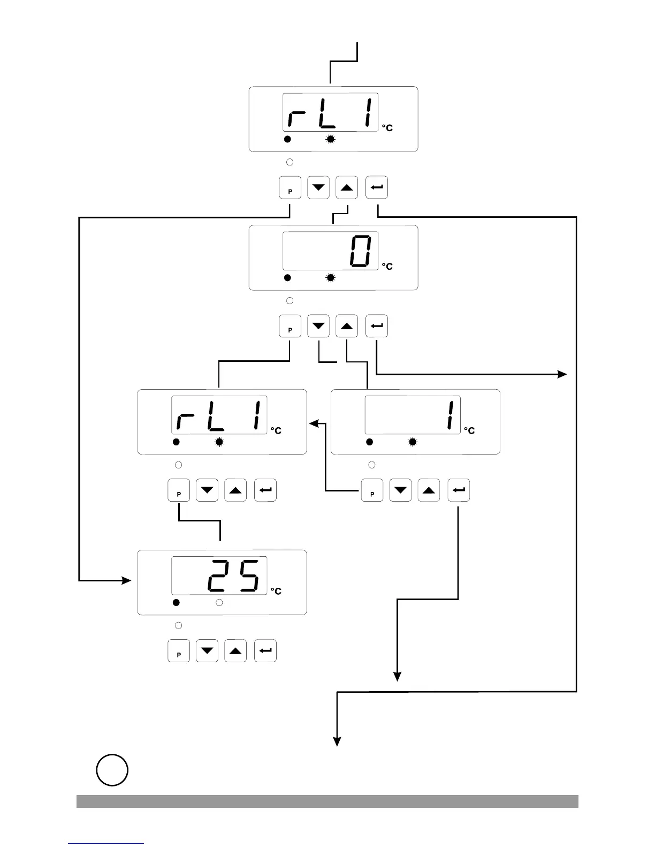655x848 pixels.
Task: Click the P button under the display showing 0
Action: [290, 327]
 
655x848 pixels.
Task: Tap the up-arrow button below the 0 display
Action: [347, 327]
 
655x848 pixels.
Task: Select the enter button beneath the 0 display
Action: [377, 327]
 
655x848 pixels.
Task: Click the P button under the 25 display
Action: [179, 651]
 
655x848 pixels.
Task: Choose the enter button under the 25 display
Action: [265, 651]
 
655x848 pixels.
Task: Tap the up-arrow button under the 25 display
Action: [235, 651]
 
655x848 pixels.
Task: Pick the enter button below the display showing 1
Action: [459, 490]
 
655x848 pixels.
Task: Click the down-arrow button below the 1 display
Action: [401, 490]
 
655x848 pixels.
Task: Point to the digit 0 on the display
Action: [360, 251]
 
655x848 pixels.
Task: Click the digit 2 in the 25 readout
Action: [218, 576]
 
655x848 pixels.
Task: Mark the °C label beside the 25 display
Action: [276, 591]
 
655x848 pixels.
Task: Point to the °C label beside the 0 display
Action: [387, 267]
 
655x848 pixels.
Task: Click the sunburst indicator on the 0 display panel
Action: [331, 278]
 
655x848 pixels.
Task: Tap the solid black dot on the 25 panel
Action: [176, 603]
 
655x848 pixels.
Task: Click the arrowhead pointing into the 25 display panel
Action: [127, 580]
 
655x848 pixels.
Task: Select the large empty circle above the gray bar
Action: [112, 770]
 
